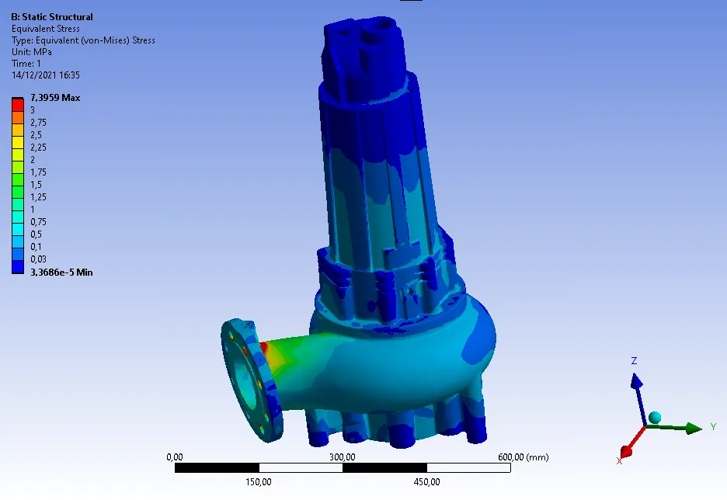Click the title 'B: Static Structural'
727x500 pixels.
52,17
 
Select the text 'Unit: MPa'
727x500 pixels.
32,52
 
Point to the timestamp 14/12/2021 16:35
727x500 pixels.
45,75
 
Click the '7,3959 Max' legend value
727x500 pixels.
55,98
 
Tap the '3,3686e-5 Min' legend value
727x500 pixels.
61,273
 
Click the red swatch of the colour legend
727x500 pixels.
18,105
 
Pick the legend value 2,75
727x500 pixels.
39,123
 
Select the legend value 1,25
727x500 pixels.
39,197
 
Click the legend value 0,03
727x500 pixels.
39,259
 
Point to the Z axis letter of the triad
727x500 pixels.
634,360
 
